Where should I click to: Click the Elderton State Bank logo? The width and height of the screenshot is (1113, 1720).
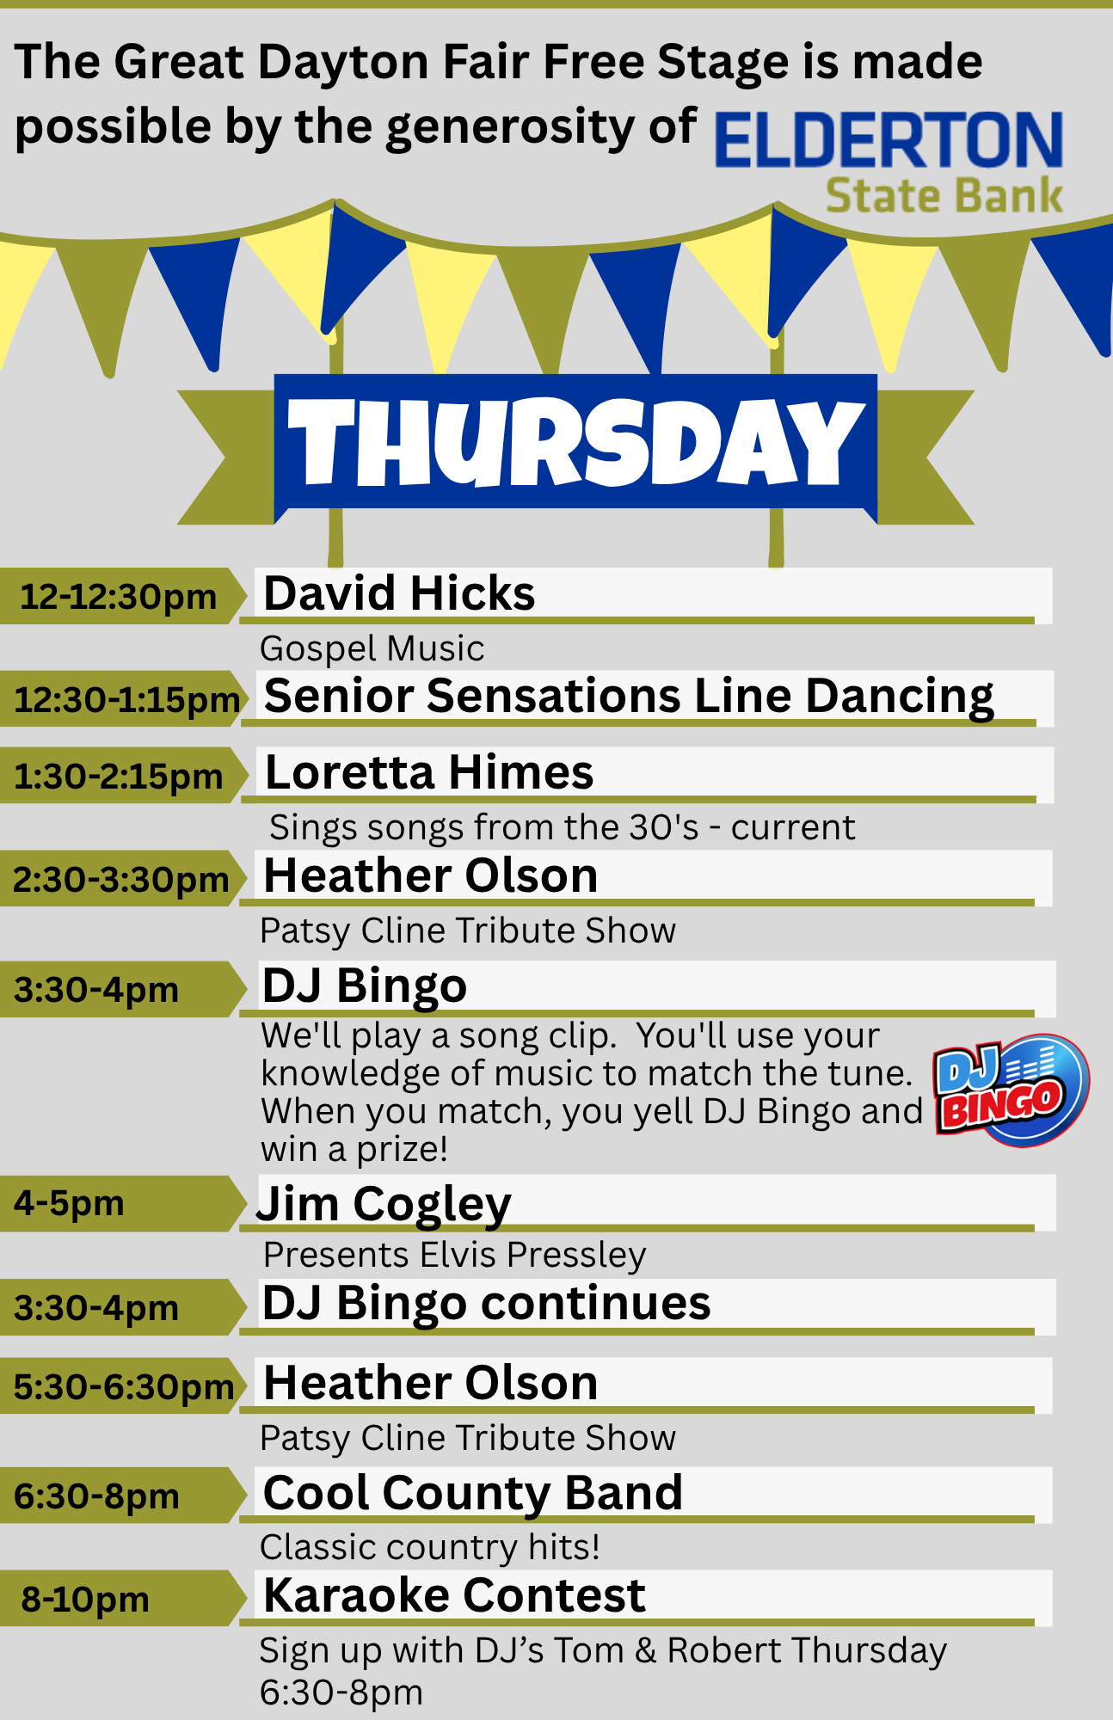point(889,162)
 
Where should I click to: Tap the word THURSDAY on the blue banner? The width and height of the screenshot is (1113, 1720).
point(575,443)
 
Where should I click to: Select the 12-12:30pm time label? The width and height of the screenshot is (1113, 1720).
point(118,596)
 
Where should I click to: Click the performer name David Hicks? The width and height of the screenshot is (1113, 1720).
point(399,593)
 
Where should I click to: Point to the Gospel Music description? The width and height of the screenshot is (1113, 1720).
point(372,648)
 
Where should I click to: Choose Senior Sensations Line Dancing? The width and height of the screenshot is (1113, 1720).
point(629,696)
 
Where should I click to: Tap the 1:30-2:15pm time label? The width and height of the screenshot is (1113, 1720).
point(119,776)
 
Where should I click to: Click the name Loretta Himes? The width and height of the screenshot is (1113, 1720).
point(429,772)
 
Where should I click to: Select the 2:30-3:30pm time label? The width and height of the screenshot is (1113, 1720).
point(120,879)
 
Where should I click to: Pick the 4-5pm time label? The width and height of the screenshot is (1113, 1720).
point(69,1203)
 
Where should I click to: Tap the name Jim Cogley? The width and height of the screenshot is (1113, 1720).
point(384,1204)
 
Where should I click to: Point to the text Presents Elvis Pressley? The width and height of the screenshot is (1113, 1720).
point(454,1256)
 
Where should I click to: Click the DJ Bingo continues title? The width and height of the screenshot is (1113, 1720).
point(487,1304)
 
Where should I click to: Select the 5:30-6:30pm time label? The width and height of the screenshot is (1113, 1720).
point(124,1386)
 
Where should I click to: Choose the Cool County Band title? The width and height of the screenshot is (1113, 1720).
point(473,1493)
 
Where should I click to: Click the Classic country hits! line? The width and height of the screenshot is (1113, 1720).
point(429,1547)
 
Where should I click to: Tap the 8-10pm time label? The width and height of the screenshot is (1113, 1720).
point(85,1599)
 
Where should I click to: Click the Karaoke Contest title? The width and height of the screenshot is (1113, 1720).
point(454,1596)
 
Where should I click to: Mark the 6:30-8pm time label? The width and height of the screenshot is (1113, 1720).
point(96,1496)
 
